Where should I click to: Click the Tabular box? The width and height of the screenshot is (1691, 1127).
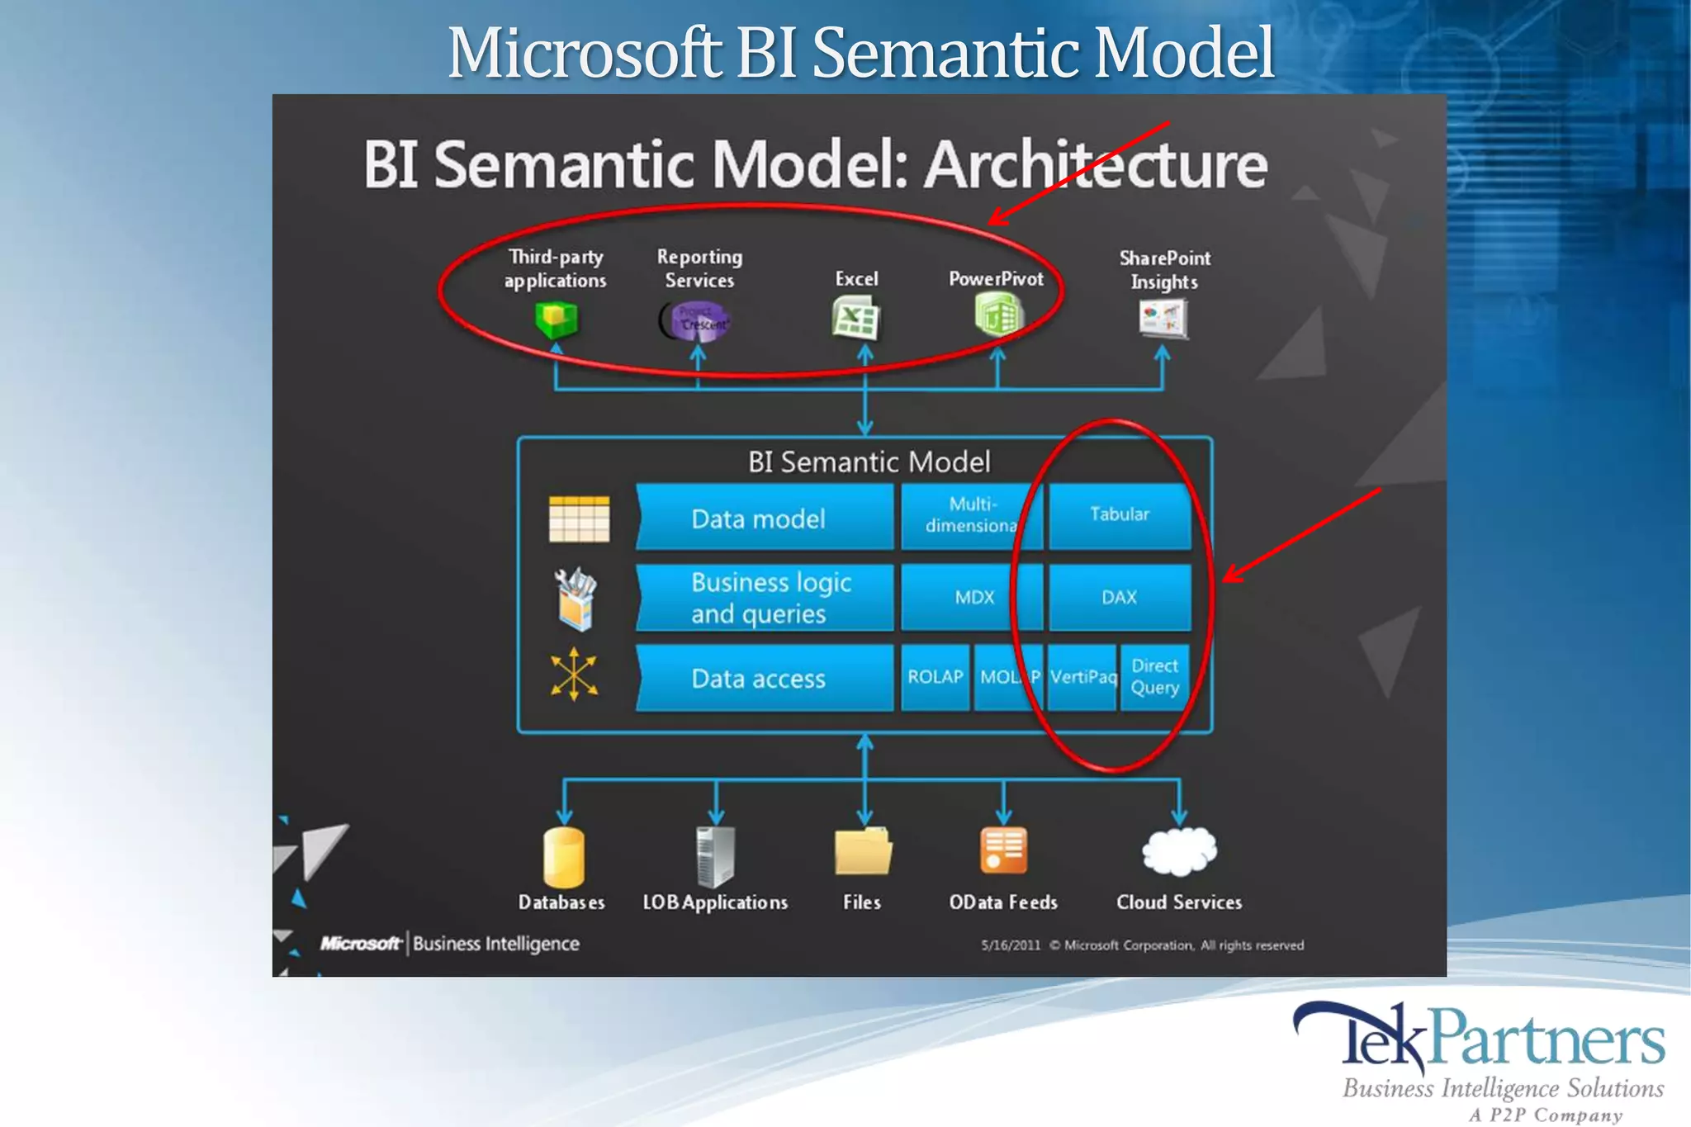1119,515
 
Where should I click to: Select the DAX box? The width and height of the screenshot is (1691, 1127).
1119,597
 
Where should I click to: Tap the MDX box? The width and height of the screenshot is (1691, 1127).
973,597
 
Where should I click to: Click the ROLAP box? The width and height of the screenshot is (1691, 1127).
935,677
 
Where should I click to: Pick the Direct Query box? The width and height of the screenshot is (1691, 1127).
1154,677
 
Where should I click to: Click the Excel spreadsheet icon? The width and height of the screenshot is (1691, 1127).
855,320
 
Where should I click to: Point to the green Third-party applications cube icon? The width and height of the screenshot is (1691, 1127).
557,320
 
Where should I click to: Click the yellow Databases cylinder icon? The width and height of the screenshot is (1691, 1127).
564,857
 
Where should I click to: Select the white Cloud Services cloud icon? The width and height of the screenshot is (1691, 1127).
1179,851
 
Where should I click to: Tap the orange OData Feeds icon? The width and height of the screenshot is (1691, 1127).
1003,850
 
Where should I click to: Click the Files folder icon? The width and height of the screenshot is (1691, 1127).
863,851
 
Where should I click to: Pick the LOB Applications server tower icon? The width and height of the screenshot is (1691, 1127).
715,856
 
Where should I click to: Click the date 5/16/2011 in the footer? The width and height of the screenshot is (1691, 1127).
1010,945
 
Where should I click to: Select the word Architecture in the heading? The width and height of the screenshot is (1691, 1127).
1095,164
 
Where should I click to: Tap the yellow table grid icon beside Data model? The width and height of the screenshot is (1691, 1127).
579,519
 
